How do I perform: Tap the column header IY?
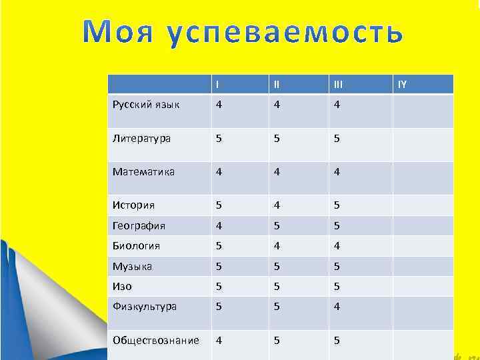click(403, 85)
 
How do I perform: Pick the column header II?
click(275, 85)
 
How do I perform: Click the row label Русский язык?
click(146, 105)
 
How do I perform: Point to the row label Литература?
click(141, 139)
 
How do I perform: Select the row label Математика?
click(143, 172)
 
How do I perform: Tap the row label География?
click(139, 225)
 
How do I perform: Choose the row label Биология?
click(136, 246)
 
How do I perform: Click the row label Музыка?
click(132, 267)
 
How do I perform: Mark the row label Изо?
click(122, 287)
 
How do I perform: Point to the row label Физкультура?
click(145, 307)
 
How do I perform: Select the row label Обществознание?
click(155, 340)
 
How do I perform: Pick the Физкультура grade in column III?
click(337, 307)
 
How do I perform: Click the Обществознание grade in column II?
click(275, 340)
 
